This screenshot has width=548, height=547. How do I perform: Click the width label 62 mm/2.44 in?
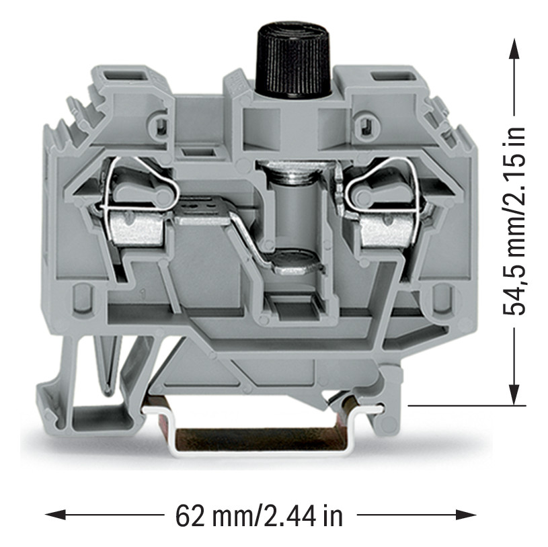tap(259, 516)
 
